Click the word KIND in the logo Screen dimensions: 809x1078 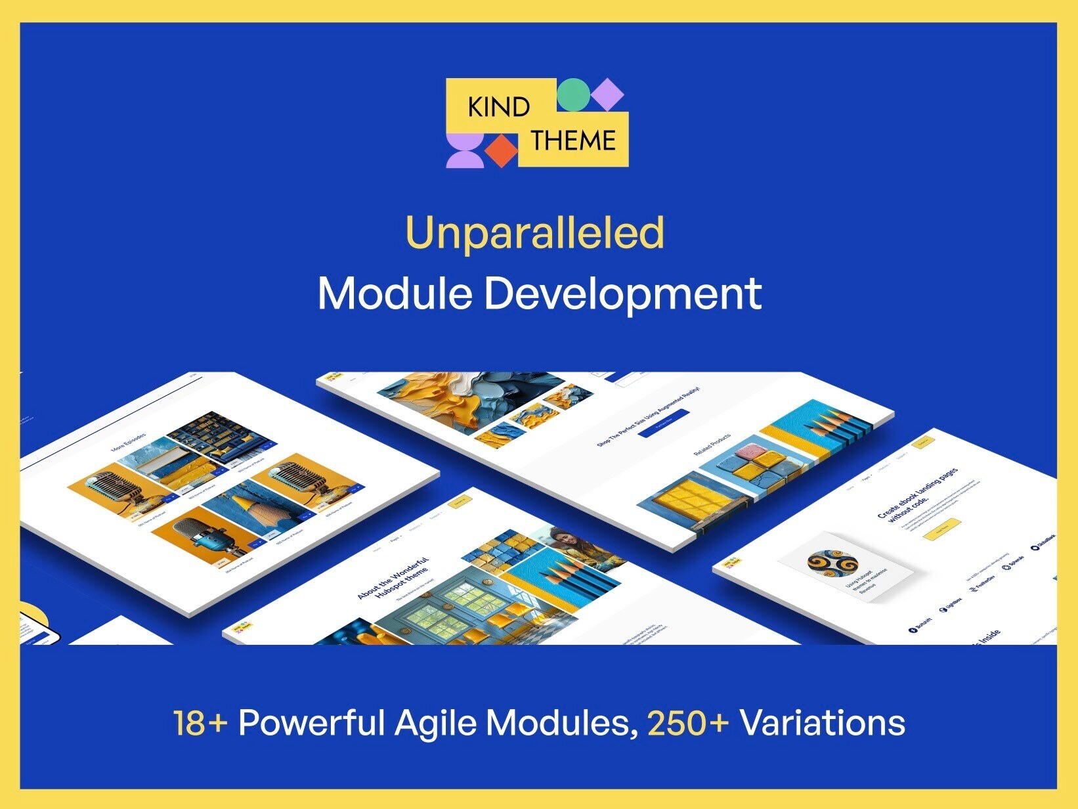tap(498, 106)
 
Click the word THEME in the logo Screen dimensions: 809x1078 tap(573, 141)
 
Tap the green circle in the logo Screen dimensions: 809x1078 tap(572, 94)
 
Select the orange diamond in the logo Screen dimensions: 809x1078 tap(502, 150)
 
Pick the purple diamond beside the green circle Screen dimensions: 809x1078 tap(607, 94)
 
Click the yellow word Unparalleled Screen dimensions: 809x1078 tap(535, 233)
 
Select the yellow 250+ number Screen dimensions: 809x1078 tap(688, 723)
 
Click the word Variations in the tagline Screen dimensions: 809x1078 tap(823, 723)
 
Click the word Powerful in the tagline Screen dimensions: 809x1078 tap(311, 723)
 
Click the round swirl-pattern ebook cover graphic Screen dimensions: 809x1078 tap(832, 563)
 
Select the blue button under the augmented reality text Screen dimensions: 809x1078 tap(663, 424)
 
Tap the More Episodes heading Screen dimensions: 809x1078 tap(129, 442)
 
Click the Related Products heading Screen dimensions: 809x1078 tap(712, 445)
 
